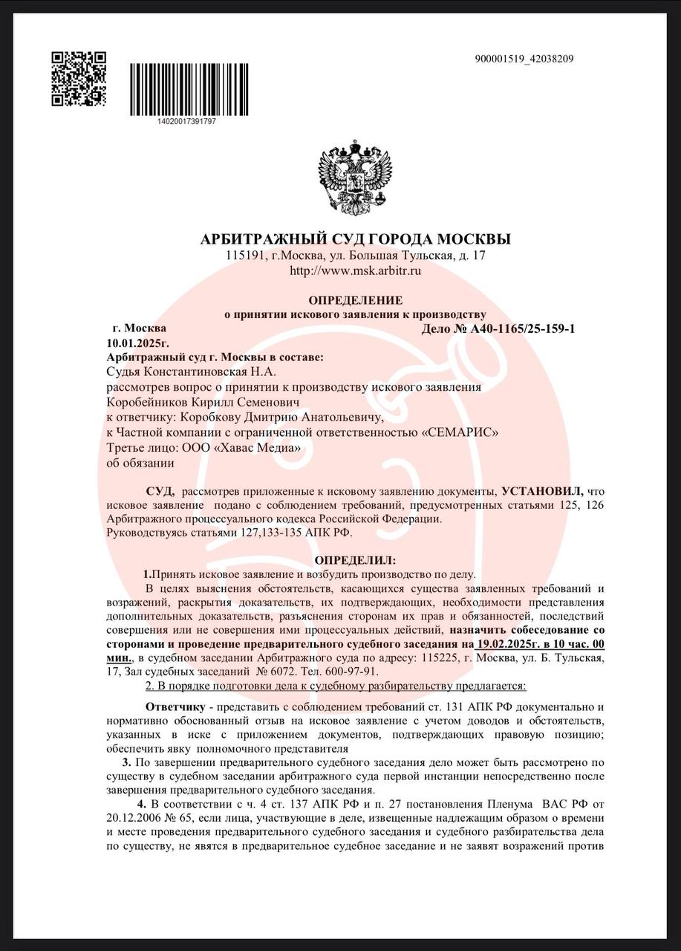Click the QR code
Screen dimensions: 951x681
pos(78,78)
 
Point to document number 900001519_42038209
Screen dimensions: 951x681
pos(524,59)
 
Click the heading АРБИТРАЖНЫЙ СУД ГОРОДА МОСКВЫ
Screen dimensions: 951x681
pos(356,239)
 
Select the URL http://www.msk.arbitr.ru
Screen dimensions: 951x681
pos(355,270)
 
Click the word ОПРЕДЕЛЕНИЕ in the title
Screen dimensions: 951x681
pos(355,299)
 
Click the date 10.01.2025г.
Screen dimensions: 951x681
pos(137,343)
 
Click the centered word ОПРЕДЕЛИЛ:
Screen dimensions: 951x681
pos(355,559)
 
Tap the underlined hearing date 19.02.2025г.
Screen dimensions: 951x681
pos(520,644)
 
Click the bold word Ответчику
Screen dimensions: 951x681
pos(175,706)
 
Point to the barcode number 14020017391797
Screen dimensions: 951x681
pos(187,120)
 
